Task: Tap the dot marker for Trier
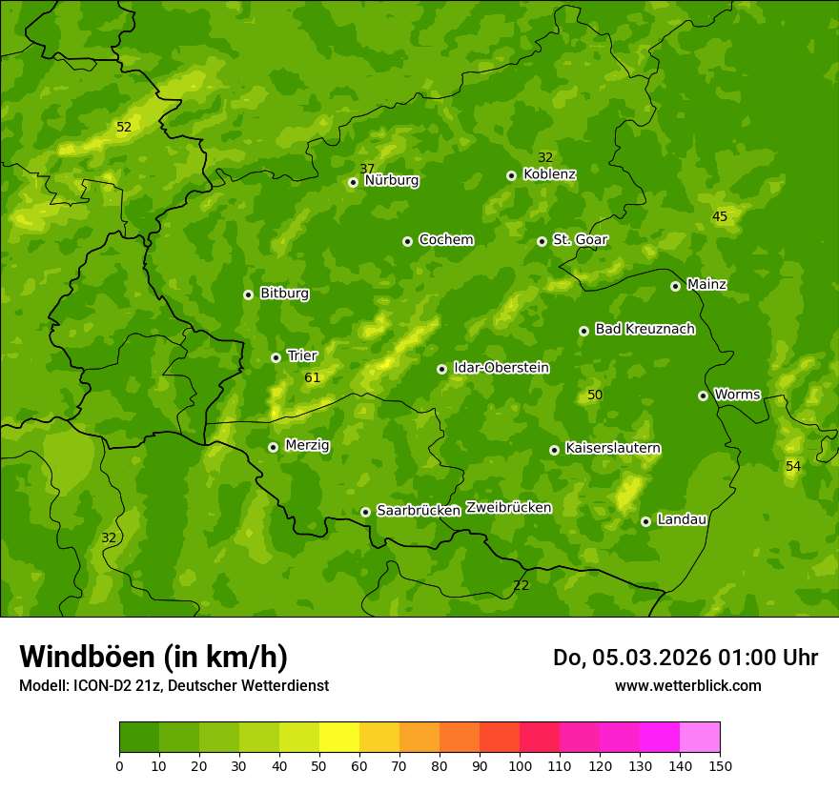pyautogui.click(x=276, y=357)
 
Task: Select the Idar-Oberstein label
pyautogui.click(x=501, y=368)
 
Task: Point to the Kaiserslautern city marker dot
pyautogui.click(x=554, y=450)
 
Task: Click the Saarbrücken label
pyautogui.click(x=419, y=511)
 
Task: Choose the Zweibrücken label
pyautogui.click(x=508, y=508)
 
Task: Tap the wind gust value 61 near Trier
pyautogui.click(x=313, y=378)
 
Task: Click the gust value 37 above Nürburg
pyautogui.click(x=367, y=169)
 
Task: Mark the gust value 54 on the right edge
pyautogui.click(x=793, y=466)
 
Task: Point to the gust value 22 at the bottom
pyautogui.click(x=521, y=585)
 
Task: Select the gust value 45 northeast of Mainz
pyautogui.click(x=720, y=216)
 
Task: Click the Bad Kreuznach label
pyautogui.click(x=645, y=329)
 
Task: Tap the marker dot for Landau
pyautogui.click(x=645, y=521)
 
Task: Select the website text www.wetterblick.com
pyautogui.click(x=687, y=685)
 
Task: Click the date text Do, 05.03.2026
pyautogui.click(x=632, y=658)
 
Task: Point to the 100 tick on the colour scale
pyautogui.click(x=520, y=765)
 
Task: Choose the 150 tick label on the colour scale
pyautogui.click(x=720, y=765)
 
